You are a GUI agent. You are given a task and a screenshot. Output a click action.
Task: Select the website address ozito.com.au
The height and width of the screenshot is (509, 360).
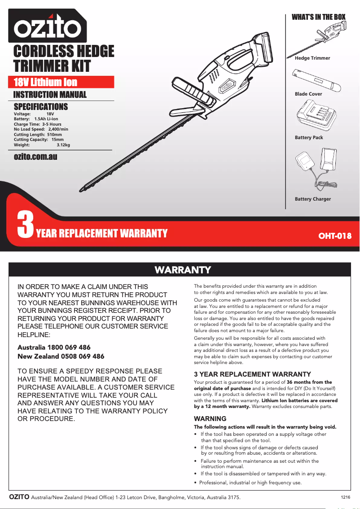[x=35, y=157]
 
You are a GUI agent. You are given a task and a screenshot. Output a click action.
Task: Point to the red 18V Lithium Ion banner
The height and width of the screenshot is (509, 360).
[x=63, y=82]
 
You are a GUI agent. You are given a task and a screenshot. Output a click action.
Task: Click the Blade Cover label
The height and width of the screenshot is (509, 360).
[x=308, y=94]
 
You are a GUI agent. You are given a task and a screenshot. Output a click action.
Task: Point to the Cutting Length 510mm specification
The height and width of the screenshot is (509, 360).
[x=38, y=135]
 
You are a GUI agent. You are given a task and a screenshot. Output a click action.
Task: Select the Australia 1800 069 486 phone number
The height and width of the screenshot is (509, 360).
[x=54, y=347]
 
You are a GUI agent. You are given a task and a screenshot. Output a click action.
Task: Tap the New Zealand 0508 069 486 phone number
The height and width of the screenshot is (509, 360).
[x=61, y=356]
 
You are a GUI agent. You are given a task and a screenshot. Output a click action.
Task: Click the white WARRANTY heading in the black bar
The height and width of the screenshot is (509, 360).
[x=183, y=270]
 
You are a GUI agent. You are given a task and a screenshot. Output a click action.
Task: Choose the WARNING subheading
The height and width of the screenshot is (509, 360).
[x=210, y=419]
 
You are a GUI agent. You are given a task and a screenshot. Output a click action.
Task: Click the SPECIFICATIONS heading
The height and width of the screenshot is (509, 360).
[x=41, y=107]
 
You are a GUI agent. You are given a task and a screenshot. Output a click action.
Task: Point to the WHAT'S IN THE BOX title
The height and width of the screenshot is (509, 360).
[x=319, y=17]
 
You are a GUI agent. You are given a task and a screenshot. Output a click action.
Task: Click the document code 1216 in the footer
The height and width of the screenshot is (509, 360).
[x=345, y=497]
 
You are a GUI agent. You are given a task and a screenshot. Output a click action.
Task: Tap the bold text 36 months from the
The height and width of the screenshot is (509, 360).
[x=309, y=382]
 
